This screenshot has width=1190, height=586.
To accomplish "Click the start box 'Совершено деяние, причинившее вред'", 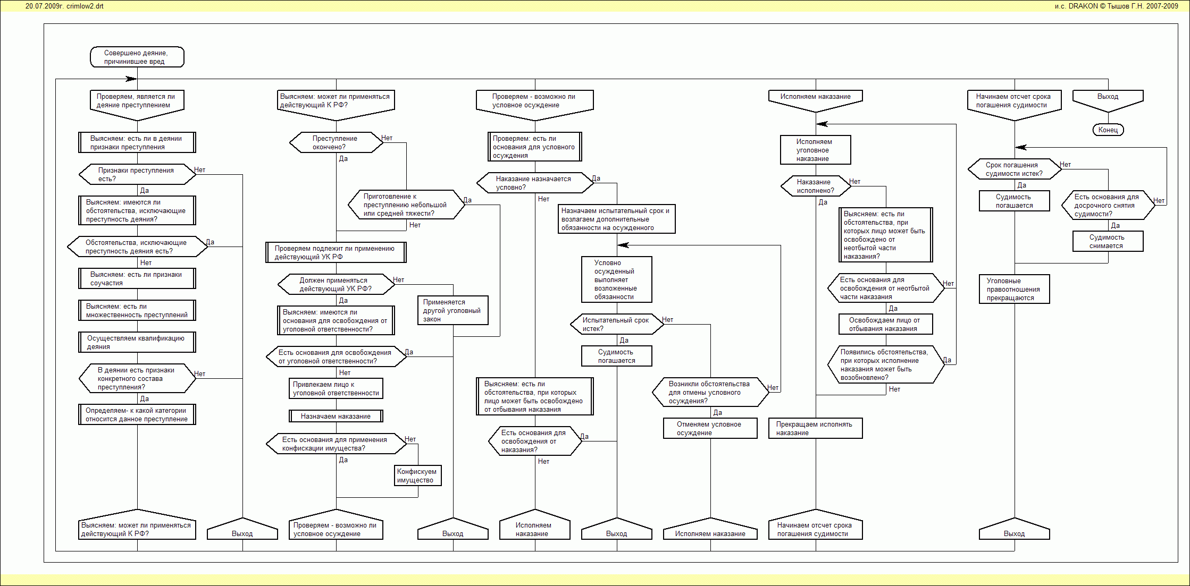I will click(x=137, y=57).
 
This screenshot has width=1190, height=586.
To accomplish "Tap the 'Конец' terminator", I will click(x=1108, y=130).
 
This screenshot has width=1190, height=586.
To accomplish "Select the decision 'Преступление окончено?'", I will click(x=336, y=142).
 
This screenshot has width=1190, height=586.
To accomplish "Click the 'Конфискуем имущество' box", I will click(x=417, y=475).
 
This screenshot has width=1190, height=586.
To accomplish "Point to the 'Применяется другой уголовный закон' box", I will click(x=452, y=310).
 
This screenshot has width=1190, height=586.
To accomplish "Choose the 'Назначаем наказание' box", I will click(x=336, y=416).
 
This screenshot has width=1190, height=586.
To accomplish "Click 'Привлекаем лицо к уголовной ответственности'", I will click(x=336, y=388).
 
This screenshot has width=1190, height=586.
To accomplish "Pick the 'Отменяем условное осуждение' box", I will click(x=710, y=428).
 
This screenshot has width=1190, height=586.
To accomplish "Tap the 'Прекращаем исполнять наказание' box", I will click(x=815, y=428).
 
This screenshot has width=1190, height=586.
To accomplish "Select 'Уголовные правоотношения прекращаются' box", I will click(x=1014, y=289).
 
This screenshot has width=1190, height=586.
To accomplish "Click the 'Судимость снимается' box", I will click(x=1108, y=241).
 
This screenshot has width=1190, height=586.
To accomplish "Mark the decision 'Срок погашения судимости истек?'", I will click(x=1014, y=169).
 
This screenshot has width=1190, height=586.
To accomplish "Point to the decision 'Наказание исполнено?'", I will click(x=815, y=186).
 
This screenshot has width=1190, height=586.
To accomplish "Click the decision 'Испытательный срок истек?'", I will click(x=616, y=324).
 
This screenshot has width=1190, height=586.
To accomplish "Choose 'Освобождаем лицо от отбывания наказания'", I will click(x=885, y=324).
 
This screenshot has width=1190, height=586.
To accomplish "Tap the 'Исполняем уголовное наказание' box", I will click(x=815, y=150).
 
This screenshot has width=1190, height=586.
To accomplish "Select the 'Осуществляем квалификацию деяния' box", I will click(x=137, y=342).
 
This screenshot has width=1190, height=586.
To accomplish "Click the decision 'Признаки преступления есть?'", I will click(x=137, y=174).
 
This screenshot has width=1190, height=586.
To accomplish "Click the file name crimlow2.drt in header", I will click(x=85, y=6).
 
